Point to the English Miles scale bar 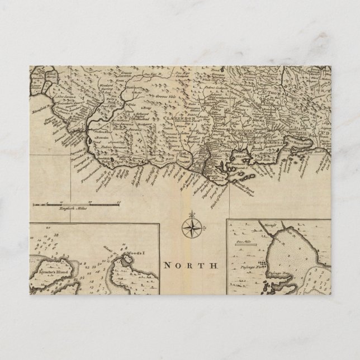point(78,206)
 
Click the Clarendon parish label point(178,119)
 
